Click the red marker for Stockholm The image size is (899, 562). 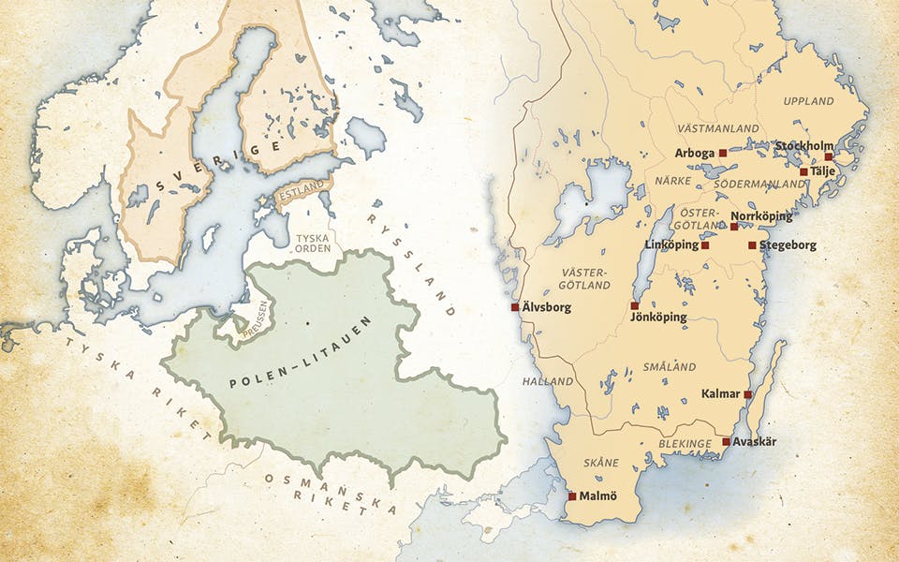click(828, 156)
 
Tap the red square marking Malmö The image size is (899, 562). click(572, 495)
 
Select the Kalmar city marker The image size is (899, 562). click(747, 394)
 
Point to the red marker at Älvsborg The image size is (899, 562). click(515, 306)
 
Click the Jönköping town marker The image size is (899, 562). click(635, 305)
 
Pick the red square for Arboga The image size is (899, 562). click(722, 152)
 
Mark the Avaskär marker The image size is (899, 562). click(727, 441)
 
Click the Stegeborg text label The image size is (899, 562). click(788, 245)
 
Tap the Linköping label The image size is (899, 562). click(671, 245)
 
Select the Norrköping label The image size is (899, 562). click(760, 216)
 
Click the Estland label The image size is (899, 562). click(302, 194)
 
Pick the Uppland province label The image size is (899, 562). click(808, 100)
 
